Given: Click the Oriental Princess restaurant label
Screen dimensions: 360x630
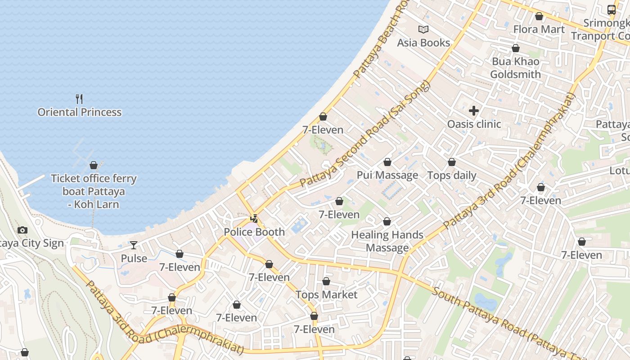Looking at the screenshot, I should click(80, 112).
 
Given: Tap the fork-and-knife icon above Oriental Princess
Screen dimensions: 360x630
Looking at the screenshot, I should click(80, 99).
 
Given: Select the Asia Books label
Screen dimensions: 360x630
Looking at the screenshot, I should click(423, 43).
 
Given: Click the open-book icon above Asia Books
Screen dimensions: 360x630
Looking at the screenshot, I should click(423, 29).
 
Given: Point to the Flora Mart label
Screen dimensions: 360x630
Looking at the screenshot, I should click(539, 29).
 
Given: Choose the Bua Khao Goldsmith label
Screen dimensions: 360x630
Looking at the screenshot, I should click(516, 67).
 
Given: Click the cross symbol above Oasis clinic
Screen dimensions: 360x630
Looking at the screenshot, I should click(474, 110).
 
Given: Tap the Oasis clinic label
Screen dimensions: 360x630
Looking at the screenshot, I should click(474, 124).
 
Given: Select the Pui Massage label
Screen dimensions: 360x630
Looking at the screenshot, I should click(387, 175).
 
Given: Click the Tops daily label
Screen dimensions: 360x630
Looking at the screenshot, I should click(452, 175).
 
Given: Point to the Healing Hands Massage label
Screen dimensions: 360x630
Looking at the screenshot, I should click(387, 241).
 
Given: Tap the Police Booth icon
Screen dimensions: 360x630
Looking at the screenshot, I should click(254, 219).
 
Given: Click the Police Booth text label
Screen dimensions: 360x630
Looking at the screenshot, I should click(254, 232).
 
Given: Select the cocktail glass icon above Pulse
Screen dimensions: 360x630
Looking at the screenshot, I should click(134, 245).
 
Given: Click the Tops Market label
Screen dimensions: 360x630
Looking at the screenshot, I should click(326, 295).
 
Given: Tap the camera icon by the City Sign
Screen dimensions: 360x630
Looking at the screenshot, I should click(22, 230).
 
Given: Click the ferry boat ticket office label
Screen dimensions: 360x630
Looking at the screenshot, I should click(94, 191).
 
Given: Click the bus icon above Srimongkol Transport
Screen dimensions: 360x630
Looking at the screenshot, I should click(611, 9).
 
